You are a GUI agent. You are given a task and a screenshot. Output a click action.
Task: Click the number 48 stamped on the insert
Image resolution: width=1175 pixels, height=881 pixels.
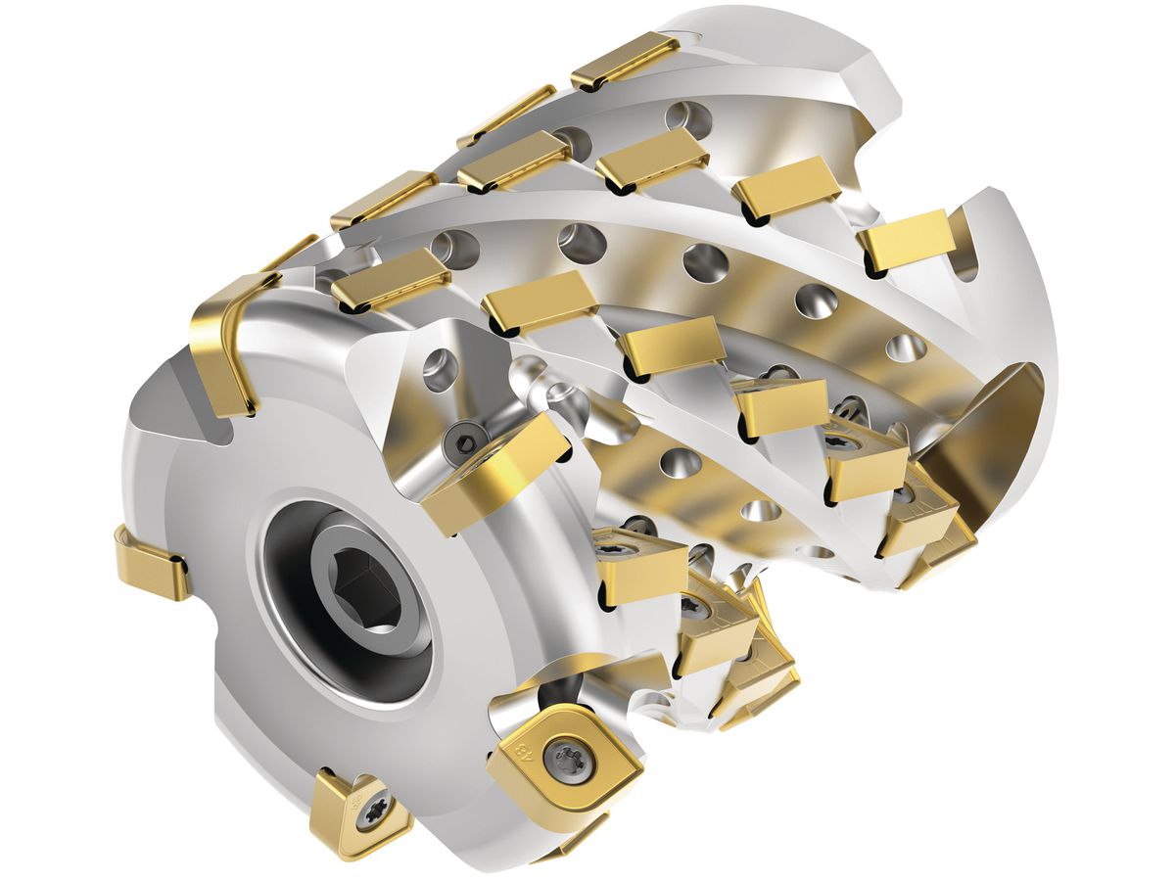click(x=522, y=755)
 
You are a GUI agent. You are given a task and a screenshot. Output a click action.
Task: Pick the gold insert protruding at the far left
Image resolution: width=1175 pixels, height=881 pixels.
click(x=152, y=563)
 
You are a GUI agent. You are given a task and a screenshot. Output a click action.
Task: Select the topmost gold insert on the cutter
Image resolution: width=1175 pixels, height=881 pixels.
click(x=626, y=60)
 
